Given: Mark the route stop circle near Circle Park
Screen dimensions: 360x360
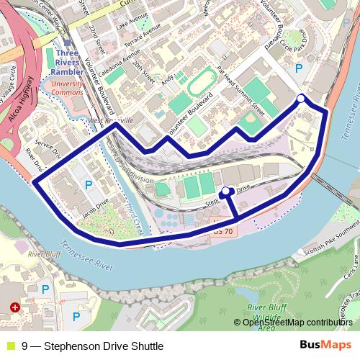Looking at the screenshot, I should click(x=301, y=99).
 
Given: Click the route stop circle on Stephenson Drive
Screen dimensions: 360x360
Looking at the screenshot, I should click(x=225, y=192).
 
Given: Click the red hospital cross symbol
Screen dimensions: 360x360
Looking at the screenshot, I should click(x=15, y=307).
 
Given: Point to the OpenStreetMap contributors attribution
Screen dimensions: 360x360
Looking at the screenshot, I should click(x=298, y=323).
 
